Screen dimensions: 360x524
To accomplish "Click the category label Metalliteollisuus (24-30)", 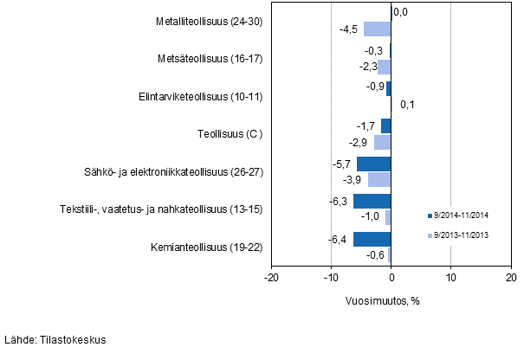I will point(204,21).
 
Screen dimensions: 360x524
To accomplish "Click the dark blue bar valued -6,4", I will point(372,240).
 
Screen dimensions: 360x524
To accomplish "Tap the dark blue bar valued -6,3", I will point(372,202).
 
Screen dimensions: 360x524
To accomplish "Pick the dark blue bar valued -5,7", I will point(374,164).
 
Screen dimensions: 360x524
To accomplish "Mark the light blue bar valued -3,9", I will point(379,179).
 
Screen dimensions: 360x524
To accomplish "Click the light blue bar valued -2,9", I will point(382,142).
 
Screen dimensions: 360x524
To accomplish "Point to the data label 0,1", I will point(408,105).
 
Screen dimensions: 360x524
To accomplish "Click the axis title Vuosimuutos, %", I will point(390,301).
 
